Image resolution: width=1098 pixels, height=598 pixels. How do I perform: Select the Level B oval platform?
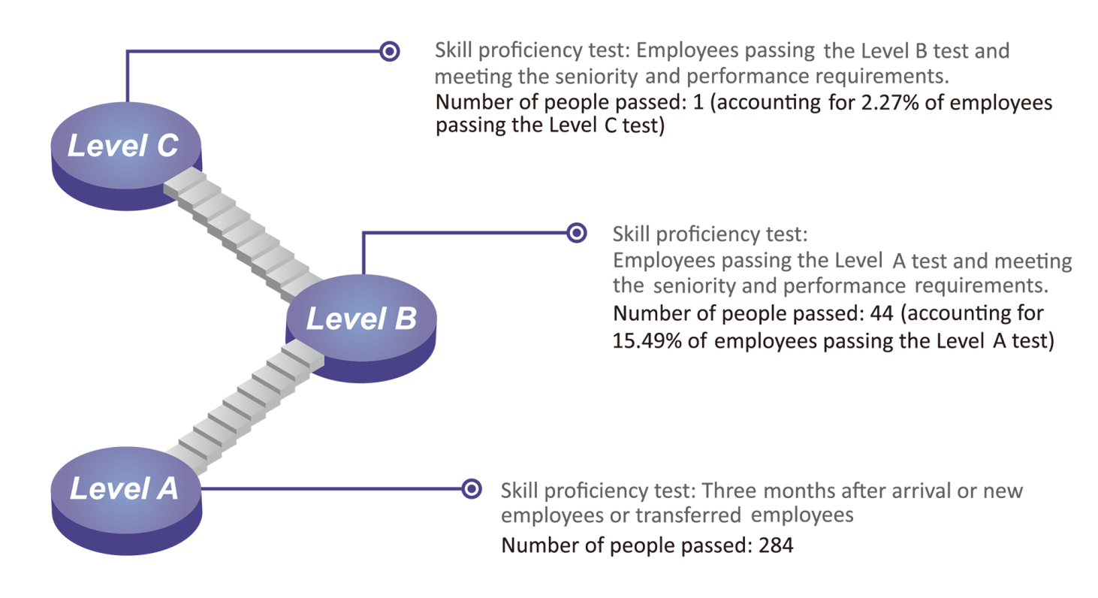pyautogui.click(x=360, y=320)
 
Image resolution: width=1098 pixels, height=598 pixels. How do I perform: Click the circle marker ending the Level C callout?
pyautogui.click(x=389, y=51)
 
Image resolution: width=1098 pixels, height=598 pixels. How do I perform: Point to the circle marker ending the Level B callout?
pyautogui.click(x=576, y=233)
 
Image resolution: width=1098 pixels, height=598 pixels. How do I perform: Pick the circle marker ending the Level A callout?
pyautogui.click(x=471, y=489)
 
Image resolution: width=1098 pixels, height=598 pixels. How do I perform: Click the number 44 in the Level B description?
pyautogui.click(x=876, y=313)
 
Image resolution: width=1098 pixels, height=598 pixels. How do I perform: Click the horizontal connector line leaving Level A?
pyautogui.click(x=330, y=489)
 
